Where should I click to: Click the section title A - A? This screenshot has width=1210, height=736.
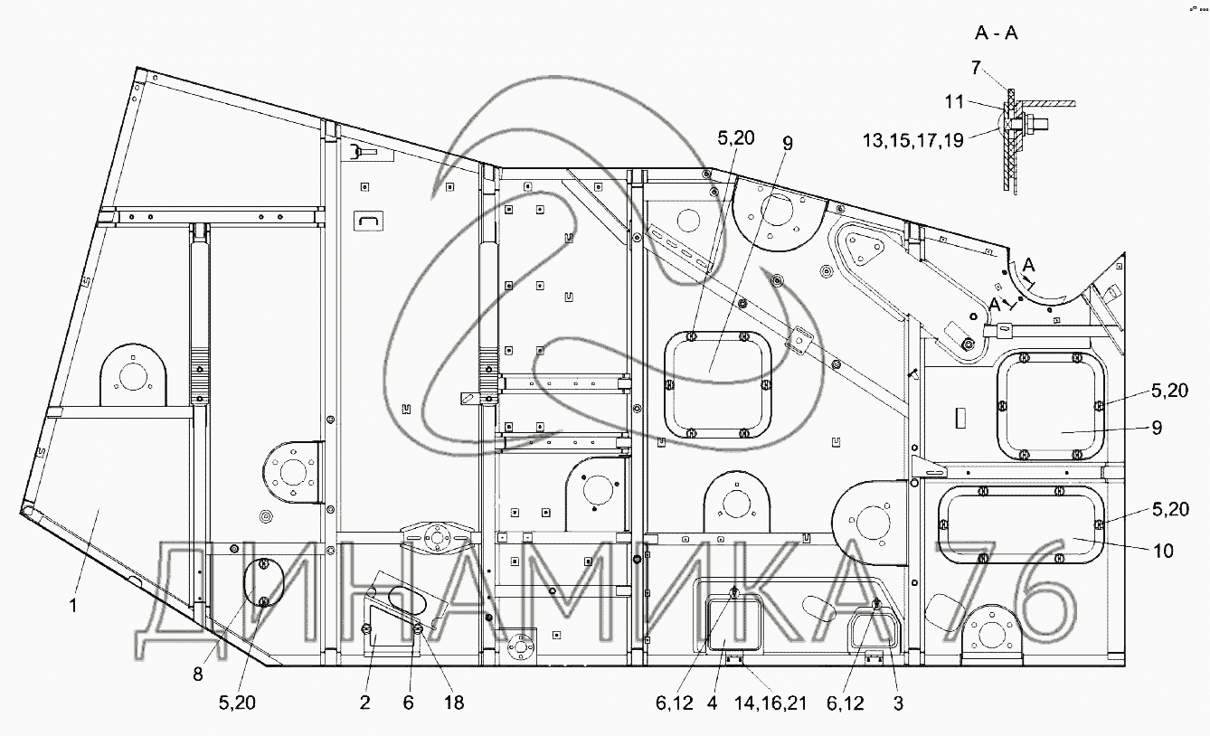[x=996, y=34]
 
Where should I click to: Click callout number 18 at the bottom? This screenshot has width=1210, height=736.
[x=454, y=703]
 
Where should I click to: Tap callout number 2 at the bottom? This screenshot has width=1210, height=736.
[x=365, y=703]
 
